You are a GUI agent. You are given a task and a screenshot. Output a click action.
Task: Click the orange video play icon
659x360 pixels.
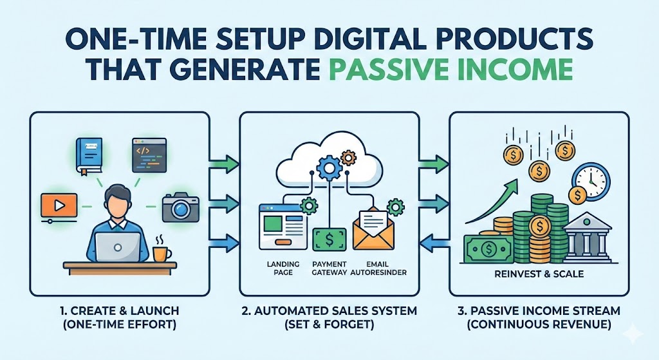click(57, 205)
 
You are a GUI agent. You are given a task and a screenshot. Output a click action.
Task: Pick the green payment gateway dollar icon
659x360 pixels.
click(329, 240)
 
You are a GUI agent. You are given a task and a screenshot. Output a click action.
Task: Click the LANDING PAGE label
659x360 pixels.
click(279, 268)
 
